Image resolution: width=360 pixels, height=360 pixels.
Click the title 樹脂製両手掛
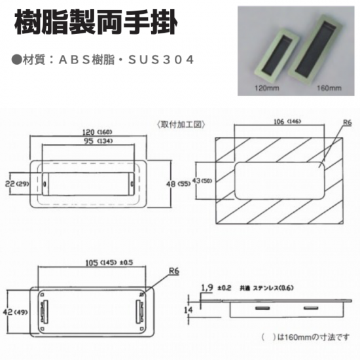click(x=96, y=22)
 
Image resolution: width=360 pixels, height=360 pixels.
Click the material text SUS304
click(x=161, y=60)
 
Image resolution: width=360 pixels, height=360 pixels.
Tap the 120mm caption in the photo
click(x=267, y=88)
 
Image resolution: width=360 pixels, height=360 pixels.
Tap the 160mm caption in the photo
click(x=329, y=88)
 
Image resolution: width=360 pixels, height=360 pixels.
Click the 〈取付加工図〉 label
click(x=181, y=124)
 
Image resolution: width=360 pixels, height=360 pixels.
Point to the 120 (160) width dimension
click(x=98, y=132)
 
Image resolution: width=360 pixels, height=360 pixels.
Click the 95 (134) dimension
click(x=98, y=141)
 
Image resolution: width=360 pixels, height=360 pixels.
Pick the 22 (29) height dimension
click(x=17, y=184)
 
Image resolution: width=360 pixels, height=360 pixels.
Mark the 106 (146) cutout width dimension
click(x=287, y=122)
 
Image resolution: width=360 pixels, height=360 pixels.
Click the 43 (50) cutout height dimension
click(x=202, y=181)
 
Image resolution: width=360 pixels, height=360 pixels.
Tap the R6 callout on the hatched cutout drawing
click(x=347, y=122)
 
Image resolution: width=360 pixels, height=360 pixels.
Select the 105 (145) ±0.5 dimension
click(x=109, y=262)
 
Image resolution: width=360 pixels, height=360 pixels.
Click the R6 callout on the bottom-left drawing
click(x=174, y=271)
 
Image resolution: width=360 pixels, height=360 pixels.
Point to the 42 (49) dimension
click(x=15, y=312)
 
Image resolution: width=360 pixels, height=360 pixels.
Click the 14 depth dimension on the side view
click(x=188, y=310)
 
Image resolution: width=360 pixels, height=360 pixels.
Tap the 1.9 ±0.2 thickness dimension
click(x=216, y=288)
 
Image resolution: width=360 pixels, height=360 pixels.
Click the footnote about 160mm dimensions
click(x=306, y=337)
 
